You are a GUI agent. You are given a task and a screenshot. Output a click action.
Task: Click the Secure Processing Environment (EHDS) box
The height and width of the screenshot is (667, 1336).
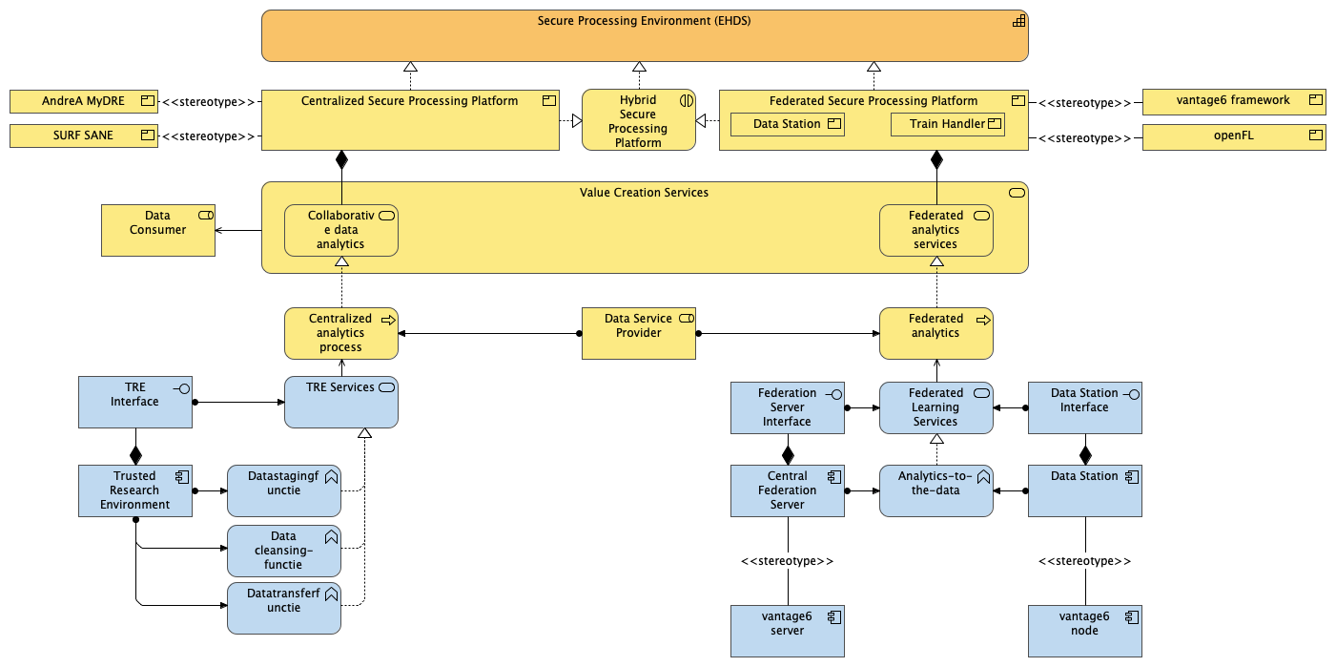pos(645,36)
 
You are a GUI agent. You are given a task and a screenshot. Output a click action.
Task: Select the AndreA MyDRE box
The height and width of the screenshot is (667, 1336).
pos(84,101)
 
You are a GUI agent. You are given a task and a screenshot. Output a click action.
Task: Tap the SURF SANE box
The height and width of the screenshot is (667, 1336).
pos(84,136)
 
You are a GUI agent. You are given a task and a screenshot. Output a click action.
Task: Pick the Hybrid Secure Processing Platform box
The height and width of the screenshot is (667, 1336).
pos(639,120)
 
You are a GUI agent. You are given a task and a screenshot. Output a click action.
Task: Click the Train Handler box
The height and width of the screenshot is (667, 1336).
pos(947,124)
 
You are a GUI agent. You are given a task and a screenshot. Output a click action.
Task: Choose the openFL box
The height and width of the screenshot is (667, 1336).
pos(1233,136)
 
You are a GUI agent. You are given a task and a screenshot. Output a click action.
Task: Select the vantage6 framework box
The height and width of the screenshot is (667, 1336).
pos(1233,101)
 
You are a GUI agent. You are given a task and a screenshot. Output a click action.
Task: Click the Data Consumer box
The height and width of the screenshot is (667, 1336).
pos(158,229)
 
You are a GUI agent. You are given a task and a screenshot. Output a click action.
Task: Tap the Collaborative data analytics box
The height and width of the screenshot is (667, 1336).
pos(341,230)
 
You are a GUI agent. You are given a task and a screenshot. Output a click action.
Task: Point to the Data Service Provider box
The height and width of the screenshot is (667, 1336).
pos(639,333)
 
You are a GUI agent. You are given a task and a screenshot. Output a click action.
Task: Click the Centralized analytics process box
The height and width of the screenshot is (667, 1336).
pos(341,333)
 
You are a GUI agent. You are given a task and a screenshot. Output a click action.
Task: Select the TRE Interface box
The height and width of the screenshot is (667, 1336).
pos(134,402)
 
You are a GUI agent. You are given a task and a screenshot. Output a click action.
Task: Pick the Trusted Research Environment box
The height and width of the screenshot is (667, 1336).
pos(134,490)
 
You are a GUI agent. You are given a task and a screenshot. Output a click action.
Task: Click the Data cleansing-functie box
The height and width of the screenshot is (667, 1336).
pos(283,551)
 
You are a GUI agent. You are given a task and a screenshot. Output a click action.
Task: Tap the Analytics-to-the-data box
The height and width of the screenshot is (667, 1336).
pos(935,490)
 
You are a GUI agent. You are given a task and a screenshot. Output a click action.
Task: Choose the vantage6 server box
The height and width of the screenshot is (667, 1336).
pos(787,631)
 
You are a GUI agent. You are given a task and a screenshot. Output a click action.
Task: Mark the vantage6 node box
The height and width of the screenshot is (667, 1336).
pos(1084,631)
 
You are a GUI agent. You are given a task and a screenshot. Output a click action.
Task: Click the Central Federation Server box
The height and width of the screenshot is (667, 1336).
pos(787,490)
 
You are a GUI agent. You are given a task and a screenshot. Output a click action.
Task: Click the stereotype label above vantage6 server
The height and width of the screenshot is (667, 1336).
pos(787,561)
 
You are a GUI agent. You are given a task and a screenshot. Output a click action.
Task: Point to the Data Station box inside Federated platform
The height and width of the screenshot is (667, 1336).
pos(787,124)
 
